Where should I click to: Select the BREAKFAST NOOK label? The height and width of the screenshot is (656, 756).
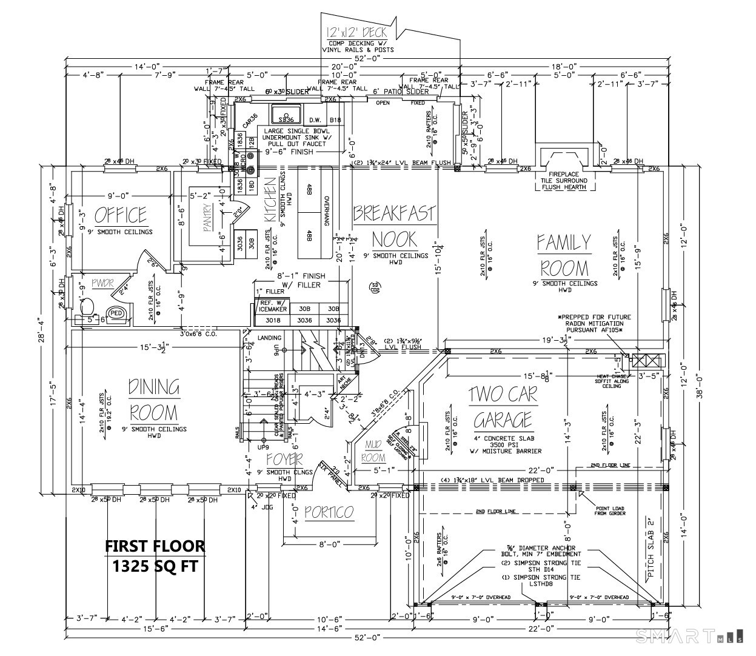pyautogui.click(x=395, y=224)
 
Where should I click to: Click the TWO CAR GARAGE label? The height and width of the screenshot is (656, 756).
pyautogui.click(x=503, y=407)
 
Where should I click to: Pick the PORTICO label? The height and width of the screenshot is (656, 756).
pyautogui.click(x=329, y=513)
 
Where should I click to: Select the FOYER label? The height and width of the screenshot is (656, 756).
pyautogui.click(x=284, y=460)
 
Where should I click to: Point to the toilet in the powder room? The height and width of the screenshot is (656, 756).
pyautogui.click(x=86, y=305)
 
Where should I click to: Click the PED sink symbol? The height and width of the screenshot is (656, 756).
pyautogui.click(x=116, y=313)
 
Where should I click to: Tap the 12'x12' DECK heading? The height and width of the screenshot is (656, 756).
pyautogui.click(x=355, y=32)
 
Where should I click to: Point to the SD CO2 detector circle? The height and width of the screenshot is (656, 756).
pyautogui.click(x=375, y=287)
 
